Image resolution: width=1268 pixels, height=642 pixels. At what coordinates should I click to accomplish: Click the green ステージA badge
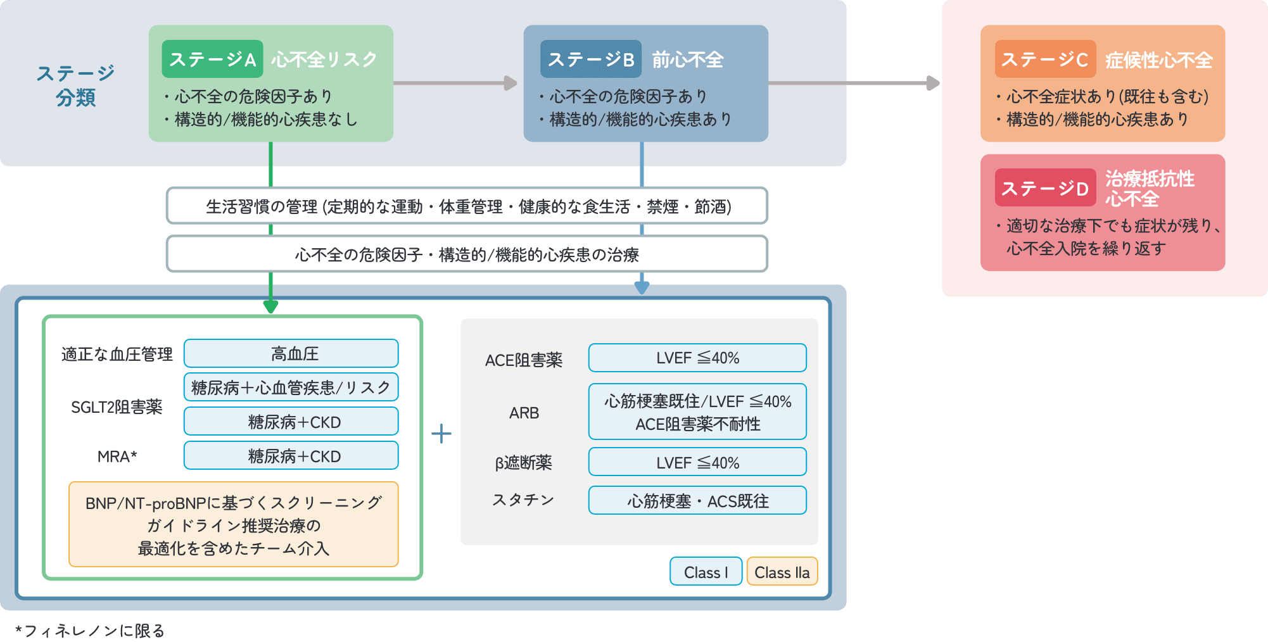coord(212,59)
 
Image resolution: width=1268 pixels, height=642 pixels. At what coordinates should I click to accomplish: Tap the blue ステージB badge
coord(590,59)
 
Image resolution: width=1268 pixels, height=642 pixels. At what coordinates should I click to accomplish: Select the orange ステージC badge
coord(1044,60)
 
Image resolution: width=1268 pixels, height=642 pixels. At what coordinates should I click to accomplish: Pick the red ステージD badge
coord(1044,188)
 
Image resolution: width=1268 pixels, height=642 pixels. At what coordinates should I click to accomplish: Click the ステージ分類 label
coord(75,85)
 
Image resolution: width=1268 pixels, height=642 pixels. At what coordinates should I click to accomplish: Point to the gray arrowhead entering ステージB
coord(510,83)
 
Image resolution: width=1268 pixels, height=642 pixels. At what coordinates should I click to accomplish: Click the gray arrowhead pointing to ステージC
coord(933,83)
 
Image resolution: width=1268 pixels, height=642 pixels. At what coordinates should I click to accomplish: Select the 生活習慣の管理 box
coord(467,206)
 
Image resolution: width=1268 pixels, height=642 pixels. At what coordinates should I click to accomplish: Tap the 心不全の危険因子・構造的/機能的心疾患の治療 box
coord(467,254)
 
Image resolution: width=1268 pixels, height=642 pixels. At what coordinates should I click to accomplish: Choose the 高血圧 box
coord(291,353)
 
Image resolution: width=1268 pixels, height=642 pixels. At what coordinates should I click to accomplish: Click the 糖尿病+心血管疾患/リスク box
coord(291,387)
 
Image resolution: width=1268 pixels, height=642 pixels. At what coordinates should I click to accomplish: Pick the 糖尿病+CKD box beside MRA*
coord(291,456)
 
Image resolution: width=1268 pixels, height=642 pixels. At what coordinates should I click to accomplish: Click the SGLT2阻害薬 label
coord(117,406)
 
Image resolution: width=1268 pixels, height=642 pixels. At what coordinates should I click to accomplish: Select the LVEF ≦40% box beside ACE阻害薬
coord(697,358)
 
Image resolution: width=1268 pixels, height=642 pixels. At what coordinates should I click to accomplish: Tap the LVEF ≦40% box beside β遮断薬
coord(697,462)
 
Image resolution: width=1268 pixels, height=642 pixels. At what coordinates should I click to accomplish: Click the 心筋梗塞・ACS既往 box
coord(697,501)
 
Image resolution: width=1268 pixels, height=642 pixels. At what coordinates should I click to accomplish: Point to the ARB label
coord(524,413)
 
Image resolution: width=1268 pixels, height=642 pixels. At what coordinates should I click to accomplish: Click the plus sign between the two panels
coord(441,434)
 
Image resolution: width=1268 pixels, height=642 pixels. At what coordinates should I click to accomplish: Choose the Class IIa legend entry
coord(782,572)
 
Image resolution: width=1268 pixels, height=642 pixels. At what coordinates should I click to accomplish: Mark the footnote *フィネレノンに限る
coord(90,630)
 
